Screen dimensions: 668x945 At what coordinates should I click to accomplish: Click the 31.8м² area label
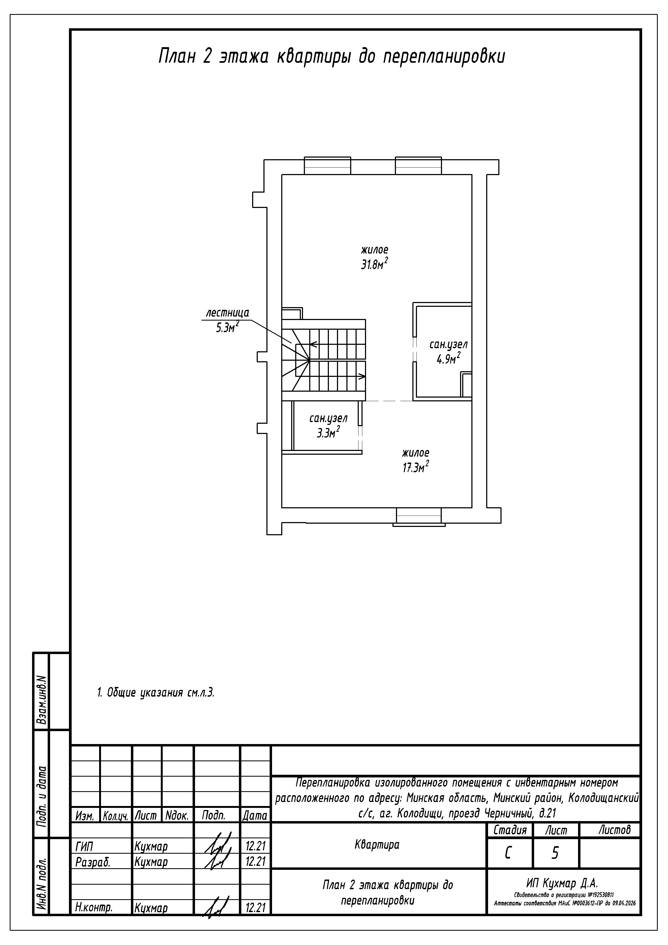(375, 264)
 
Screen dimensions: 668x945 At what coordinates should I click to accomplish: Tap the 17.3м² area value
(416, 467)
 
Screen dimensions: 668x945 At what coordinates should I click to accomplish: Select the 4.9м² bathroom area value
(448, 359)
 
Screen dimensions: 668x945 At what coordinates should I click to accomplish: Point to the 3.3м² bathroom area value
(328, 432)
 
